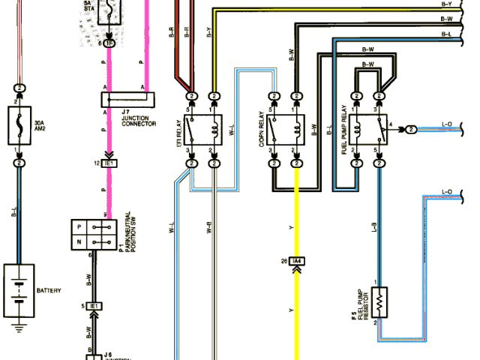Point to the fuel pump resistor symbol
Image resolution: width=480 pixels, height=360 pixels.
tap(379, 303)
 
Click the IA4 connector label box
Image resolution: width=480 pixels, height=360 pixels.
tap(298, 261)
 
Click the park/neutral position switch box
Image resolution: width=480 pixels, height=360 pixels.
tap(93, 235)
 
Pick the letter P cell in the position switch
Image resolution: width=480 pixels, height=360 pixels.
tap(81, 226)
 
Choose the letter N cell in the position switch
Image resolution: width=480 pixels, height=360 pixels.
tap(81, 243)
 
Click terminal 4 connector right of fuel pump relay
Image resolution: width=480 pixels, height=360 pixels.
tap(412, 129)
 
